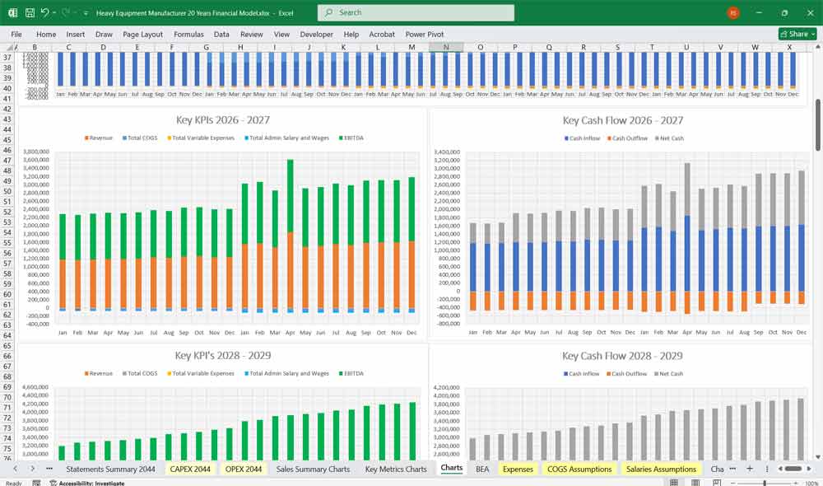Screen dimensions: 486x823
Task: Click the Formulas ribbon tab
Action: [188, 35]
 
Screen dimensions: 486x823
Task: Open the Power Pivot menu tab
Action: [425, 35]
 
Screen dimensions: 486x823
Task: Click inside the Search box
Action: [416, 12]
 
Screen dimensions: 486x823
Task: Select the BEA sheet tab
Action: [482, 469]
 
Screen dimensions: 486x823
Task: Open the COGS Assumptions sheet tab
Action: [579, 469]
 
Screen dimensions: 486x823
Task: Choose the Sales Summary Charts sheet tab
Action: [313, 469]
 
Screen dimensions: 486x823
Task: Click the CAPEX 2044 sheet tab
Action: [190, 469]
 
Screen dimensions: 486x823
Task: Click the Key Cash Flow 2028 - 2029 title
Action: [622, 356]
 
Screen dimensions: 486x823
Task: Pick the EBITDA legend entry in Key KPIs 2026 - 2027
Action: [349, 138]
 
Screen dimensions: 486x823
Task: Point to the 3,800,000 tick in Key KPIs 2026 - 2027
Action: [37, 152]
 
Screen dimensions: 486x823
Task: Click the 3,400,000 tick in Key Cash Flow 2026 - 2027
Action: [445, 152]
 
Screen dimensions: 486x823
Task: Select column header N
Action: [446, 47]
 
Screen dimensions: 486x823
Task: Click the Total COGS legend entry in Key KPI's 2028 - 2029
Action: [141, 374]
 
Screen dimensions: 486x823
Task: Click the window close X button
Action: [808, 12]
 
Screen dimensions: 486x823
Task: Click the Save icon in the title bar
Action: [30, 13]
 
